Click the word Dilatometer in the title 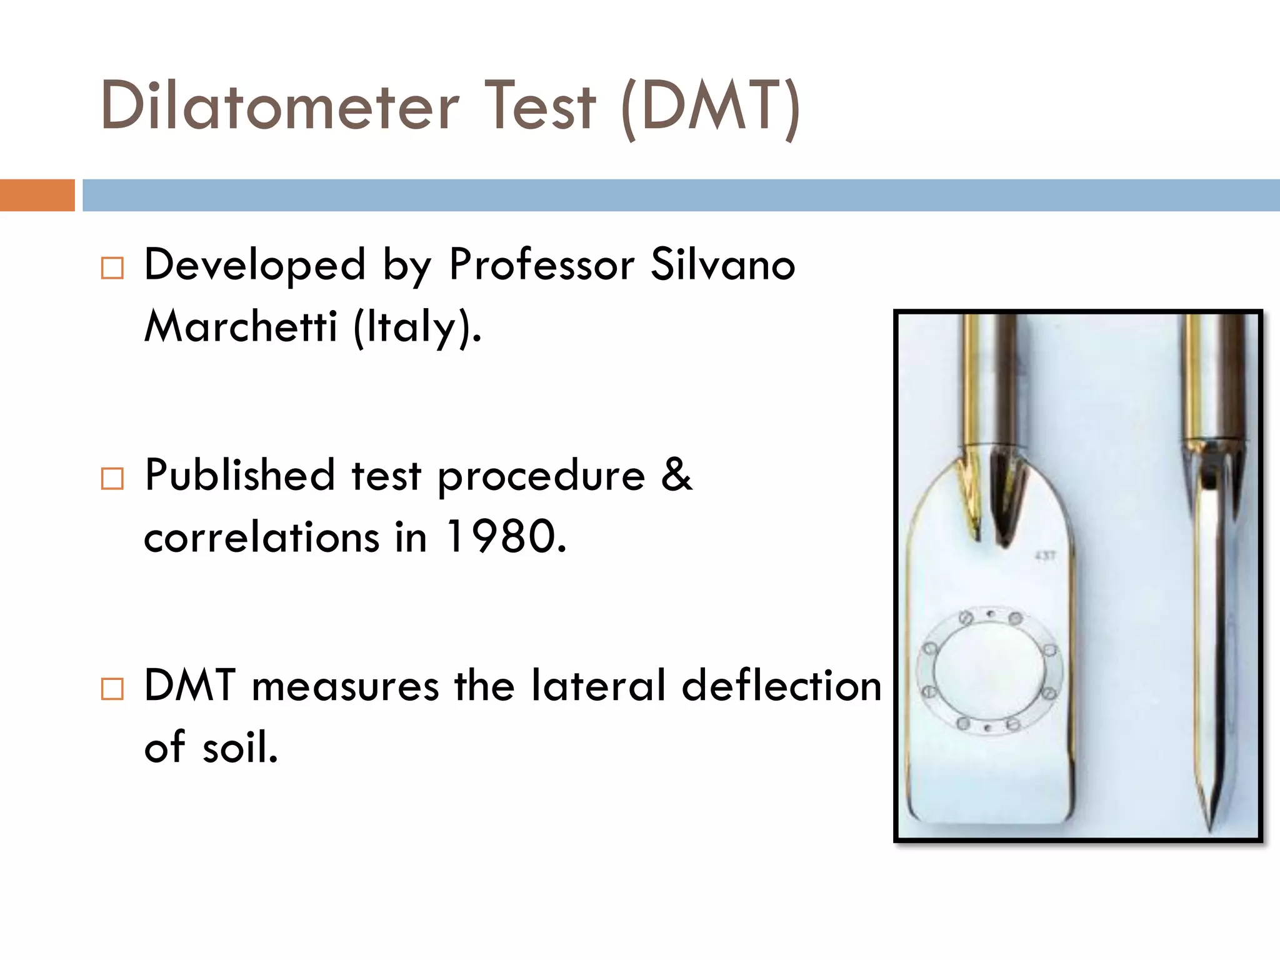[x=279, y=106]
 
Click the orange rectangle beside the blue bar [x=37, y=195]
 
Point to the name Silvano [x=722, y=264]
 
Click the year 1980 [x=506, y=537]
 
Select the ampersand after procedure [x=676, y=475]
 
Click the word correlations [x=261, y=537]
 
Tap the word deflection [x=781, y=686]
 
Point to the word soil [x=240, y=747]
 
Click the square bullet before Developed [x=112, y=268]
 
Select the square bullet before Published [x=112, y=479]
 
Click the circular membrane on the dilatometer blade [x=989, y=672]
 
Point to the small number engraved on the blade [x=1045, y=556]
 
